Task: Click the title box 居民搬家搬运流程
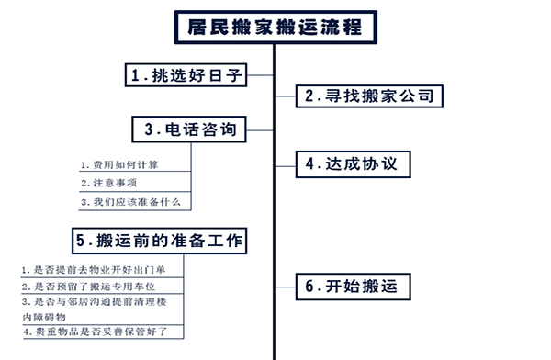click(275, 26)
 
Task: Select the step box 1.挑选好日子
click(186, 75)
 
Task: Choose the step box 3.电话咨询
click(190, 130)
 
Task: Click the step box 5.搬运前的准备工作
click(160, 241)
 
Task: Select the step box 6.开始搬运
click(351, 287)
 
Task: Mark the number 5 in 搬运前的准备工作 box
click(82, 242)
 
